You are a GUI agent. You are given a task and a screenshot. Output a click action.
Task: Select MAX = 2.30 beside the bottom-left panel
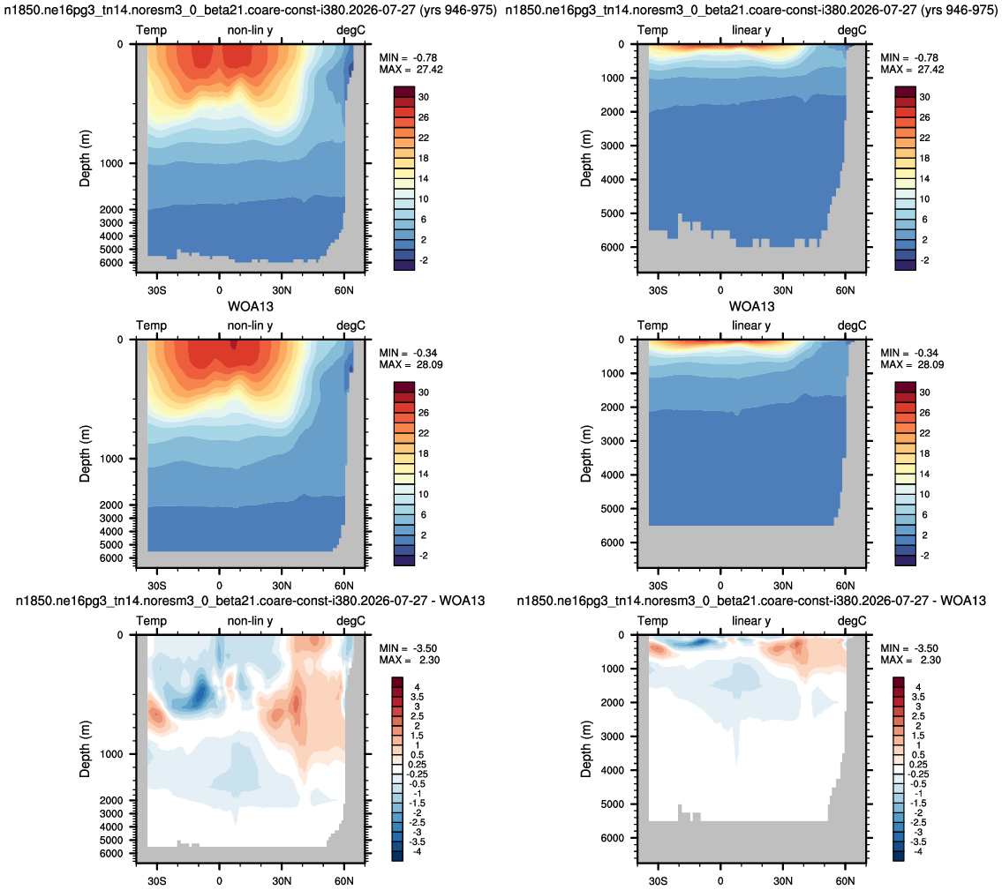(x=409, y=660)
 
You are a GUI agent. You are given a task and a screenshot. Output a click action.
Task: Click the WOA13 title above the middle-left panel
(x=251, y=306)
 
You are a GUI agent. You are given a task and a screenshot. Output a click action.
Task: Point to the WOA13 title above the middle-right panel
(x=751, y=306)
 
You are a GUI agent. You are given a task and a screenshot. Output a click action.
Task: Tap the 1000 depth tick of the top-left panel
(x=111, y=163)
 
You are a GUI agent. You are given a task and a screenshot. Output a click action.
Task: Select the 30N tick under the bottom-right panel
(x=783, y=881)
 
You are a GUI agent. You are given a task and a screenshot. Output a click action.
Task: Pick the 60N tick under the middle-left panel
(x=343, y=586)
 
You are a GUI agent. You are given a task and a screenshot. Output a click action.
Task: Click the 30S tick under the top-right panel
(x=658, y=290)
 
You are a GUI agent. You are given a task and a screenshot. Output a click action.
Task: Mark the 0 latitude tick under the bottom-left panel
(x=219, y=881)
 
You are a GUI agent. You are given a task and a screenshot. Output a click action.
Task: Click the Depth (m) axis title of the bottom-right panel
(x=586, y=749)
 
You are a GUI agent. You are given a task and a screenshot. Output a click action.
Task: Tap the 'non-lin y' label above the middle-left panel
(x=250, y=325)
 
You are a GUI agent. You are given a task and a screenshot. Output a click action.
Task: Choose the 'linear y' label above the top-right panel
(x=751, y=30)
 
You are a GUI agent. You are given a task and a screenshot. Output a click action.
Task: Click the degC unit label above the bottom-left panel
(x=350, y=621)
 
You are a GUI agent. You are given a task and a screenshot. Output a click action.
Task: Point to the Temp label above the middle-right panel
(x=652, y=325)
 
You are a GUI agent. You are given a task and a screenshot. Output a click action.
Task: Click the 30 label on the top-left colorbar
(x=424, y=97)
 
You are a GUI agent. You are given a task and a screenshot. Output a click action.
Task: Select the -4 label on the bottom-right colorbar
(x=918, y=851)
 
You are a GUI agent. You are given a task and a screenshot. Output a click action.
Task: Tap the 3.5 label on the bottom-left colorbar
(x=418, y=697)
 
